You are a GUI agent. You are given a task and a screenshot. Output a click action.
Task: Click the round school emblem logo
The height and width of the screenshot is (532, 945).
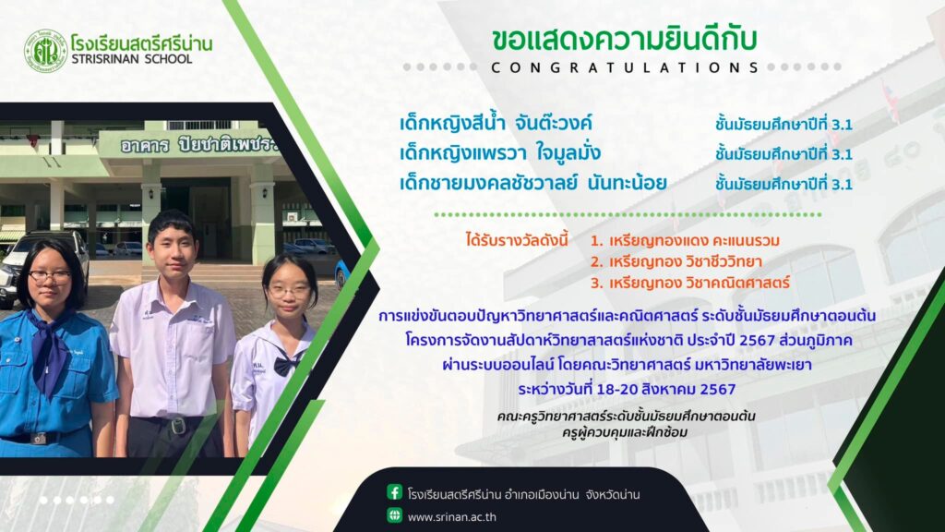[46, 52]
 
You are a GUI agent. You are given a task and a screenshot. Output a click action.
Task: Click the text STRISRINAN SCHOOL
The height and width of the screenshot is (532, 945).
[131, 59]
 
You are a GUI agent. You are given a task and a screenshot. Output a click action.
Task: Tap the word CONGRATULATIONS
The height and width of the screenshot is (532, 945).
[625, 67]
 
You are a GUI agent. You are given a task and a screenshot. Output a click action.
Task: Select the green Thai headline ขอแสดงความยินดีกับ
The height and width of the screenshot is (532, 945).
[625, 39]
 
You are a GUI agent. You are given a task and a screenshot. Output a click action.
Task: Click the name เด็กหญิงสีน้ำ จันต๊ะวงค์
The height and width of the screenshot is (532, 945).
[496, 124]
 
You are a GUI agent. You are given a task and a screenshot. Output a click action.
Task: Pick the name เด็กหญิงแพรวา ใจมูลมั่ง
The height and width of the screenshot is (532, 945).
[500, 153]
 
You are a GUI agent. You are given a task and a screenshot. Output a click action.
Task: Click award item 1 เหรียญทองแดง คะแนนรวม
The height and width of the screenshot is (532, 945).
[686, 241]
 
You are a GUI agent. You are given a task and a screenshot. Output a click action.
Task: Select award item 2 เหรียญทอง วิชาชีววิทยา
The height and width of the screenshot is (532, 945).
[676, 261]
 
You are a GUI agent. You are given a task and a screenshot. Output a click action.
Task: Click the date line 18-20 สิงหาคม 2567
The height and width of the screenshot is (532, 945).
[627, 389]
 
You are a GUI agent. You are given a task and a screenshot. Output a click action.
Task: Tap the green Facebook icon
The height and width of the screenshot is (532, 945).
[394, 493]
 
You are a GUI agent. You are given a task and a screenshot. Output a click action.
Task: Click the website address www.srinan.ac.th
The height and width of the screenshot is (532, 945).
[452, 517]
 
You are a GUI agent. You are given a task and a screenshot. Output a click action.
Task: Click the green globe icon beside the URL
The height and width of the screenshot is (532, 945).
[394, 515]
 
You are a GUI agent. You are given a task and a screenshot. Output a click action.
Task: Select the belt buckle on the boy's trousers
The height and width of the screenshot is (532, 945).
[177, 427]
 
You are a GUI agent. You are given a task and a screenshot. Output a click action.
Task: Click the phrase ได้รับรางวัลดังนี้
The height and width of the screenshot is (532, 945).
[517, 240]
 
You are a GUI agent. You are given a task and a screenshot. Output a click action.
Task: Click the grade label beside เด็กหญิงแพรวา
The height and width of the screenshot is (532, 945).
[784, 154]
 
